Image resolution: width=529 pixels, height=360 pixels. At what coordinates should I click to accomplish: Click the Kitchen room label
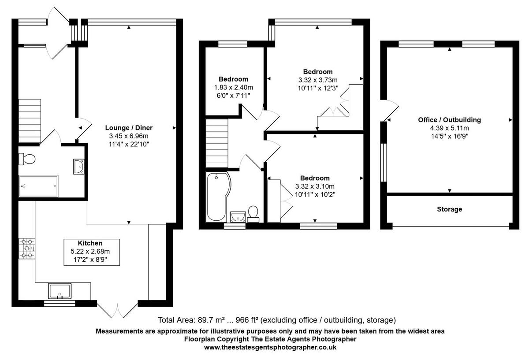click(90, 243)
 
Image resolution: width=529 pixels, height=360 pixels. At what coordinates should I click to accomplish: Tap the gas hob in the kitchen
click(26, 248)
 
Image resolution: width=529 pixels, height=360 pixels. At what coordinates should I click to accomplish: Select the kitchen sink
click(60, 291)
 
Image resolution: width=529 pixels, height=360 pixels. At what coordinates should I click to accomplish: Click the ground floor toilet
click(27, 159)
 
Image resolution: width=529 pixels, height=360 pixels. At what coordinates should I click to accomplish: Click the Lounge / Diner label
click(129, 128)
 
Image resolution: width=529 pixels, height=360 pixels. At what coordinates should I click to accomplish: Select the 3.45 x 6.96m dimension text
click(129, 136)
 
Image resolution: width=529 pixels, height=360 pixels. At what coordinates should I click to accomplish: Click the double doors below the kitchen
click(118, 310)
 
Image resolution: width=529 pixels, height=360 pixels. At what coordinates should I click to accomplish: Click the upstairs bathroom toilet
click(253, 214)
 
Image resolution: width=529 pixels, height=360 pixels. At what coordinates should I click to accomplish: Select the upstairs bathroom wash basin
click(238, 216)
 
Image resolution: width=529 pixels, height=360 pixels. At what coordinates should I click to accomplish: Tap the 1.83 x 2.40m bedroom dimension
click(233, 87)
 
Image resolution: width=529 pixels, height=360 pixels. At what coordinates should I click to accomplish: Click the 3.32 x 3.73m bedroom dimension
click(317, 80)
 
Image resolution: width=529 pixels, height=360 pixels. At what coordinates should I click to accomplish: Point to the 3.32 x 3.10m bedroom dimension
click(315, 186)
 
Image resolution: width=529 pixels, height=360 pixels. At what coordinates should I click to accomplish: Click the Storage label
click(449, 209)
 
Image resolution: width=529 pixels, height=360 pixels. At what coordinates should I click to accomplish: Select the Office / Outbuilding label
click(449, 120)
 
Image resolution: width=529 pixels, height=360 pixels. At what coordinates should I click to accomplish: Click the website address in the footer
click(270, 347)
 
